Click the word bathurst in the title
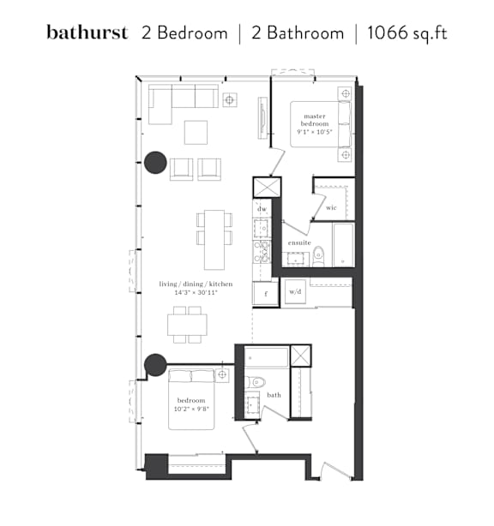pyautogui.click(x=87, y=33)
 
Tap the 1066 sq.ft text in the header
pyautogui.click(x=407, y=33)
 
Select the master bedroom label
pyautogui.click(x=315, y=120)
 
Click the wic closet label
pyautogui.click(x=331, y=207)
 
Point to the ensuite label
pyautogui.click(x=299, y=242)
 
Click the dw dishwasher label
pyautogui.click(x=262, y=209)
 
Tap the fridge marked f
pyautogui.click(x=266, y=294)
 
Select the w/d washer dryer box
pyautogui.click(x=295, y=291)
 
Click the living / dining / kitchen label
pyautogui.click(x=196, y=284)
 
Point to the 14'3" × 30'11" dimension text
pyautogui.click(x=196, y=292)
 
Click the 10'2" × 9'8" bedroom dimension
pyautogui.click(x=191, y=409)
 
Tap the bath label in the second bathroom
pyautogui.click(x=274, y=395)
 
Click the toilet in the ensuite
pyautogui.click(x=318, y=256)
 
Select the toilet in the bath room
pyautogui.click(x=256, y=382)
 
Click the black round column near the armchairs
pyautogui.click(x=155, y=163)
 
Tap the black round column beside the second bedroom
pyautogui.click(x=155, y=365)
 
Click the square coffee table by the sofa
pyautogui.click(x=196, y=133)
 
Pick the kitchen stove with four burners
pyautogui.click(x=262, y=252)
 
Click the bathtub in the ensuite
pyautogui.click(x=343, y=245)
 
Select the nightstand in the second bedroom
pyautogui.click(x=222, y=374)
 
